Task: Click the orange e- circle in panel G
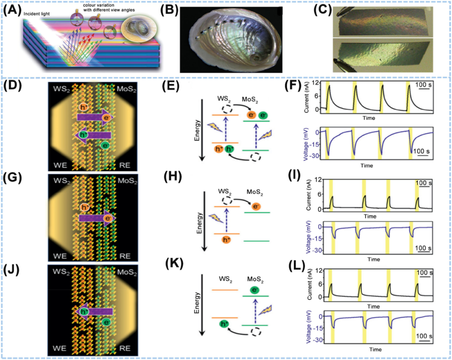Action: [x=109, y=218]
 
